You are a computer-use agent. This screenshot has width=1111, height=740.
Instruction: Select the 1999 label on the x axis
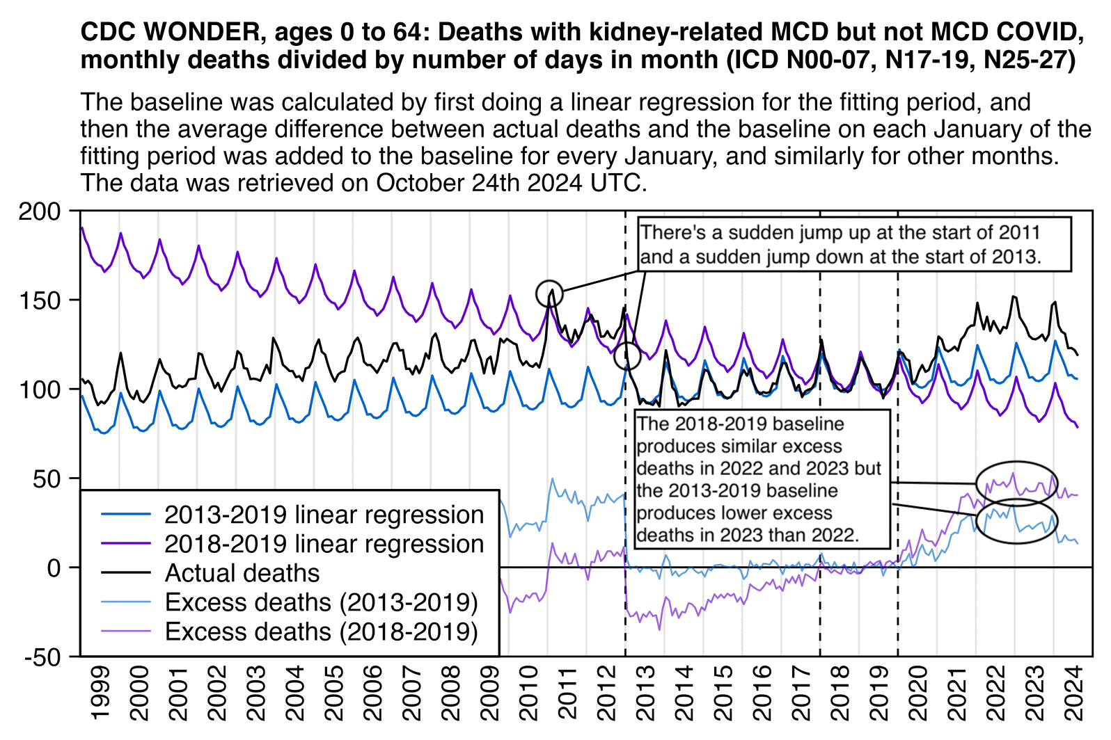pyautogui.click(x=100, y=693)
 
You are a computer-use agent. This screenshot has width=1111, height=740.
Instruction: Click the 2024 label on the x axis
pyautogui.click(x=1075, y=693)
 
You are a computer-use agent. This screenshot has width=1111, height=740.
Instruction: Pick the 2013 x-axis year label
pyautogui.click(x=645, y=693)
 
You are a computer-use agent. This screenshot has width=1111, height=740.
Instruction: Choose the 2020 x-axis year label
pyautogui.click(x=918, y=693)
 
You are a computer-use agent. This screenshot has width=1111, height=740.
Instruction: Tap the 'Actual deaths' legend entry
pyautogui.click(x=242, y=573)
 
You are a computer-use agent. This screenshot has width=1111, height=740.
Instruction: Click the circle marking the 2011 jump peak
pyautogui.click(x=549, y=293)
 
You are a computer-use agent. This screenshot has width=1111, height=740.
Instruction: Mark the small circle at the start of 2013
pyautogui.click(x=627, y=356)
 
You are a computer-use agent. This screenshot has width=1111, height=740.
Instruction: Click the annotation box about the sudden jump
pyautogui.click(x=853, y=244)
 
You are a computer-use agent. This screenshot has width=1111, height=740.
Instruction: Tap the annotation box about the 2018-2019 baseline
pyautogui.click(x=762, y=479)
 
